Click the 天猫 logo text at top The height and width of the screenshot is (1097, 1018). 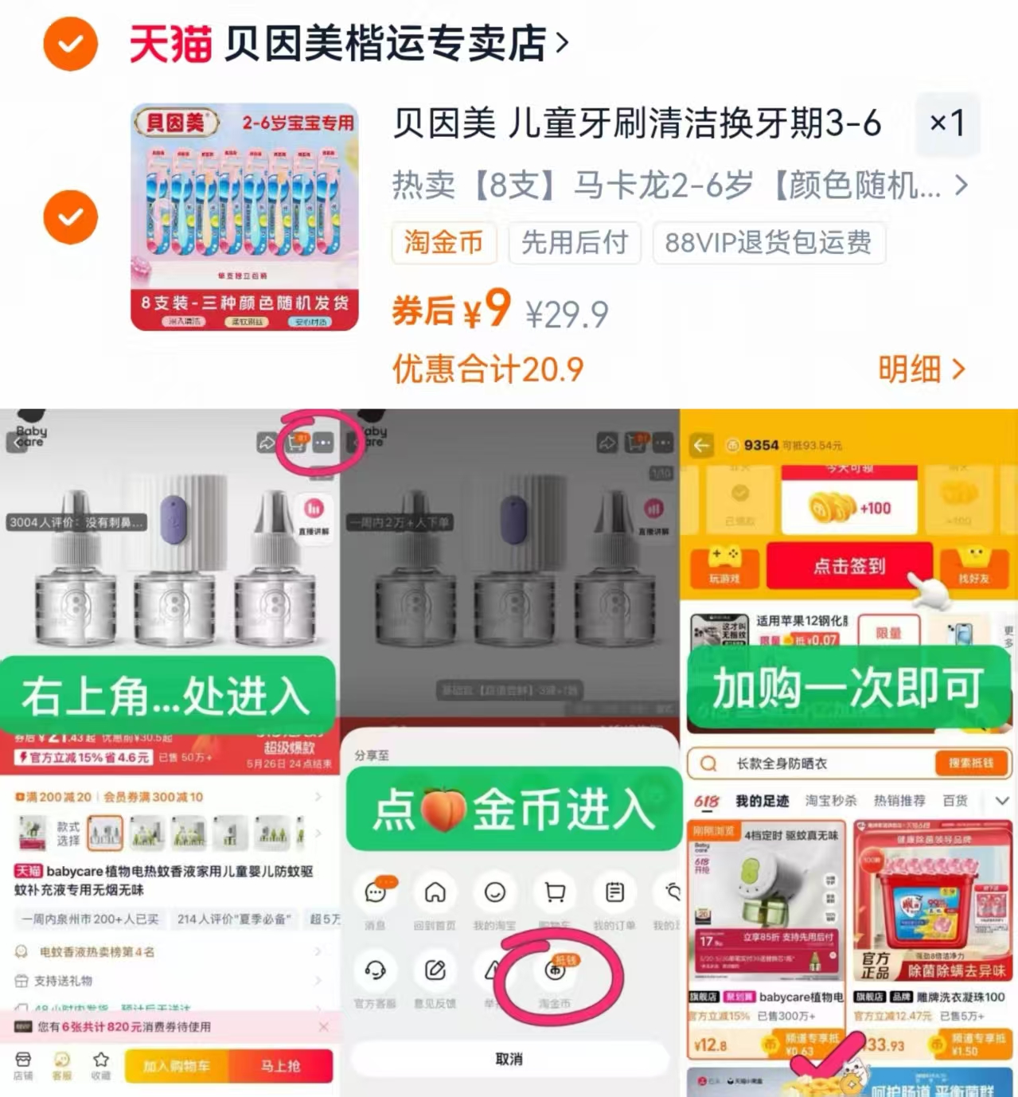pos(170,44)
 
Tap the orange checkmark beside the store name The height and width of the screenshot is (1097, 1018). pos(70,44)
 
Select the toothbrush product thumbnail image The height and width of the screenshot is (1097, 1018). pos(244,217)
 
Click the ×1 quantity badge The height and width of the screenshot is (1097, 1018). pos(947,123)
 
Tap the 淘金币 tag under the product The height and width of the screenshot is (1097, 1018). pos(443,243)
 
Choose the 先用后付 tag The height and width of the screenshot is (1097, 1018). pos(575,243)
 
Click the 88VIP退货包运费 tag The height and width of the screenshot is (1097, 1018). pos(768,243)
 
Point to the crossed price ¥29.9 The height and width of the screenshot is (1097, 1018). pos(567,314)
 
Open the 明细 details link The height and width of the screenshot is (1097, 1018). pos(921,369)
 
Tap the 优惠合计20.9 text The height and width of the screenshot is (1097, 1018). pos(487,369)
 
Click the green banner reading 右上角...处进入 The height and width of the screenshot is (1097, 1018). pos(166,695)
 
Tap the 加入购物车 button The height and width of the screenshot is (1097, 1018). pos(176,1066)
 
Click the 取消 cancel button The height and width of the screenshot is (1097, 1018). pos(509,1059)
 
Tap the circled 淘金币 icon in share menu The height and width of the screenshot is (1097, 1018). pos(555,973)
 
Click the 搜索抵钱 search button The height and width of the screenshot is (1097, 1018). pos(970,763)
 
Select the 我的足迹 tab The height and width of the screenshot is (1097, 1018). pos(762,801)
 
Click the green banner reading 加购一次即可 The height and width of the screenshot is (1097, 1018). pos(848,689)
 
